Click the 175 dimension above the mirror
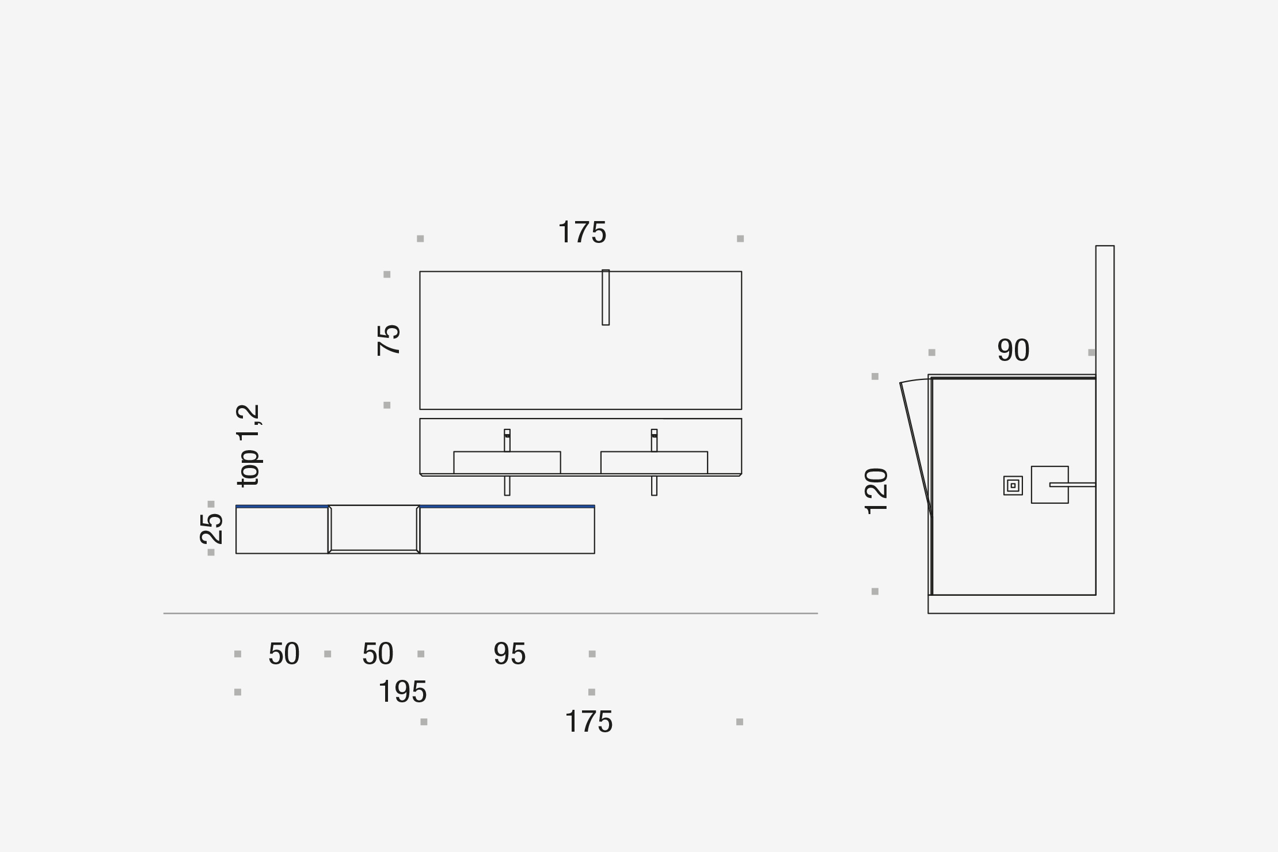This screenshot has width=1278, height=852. [582, 233]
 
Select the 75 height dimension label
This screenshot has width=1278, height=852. [389, 340]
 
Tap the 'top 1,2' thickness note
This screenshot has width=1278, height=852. [249, 446]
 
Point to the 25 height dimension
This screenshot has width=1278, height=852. [211, 528]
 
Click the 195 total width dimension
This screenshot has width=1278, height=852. [402, 691]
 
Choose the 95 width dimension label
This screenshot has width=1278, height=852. [509, 654]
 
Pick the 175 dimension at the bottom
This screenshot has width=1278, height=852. [589, 722]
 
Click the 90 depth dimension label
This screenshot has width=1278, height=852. [1013, 350]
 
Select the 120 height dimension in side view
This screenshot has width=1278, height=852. [876, 491]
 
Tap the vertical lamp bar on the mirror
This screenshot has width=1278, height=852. [606, 298]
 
